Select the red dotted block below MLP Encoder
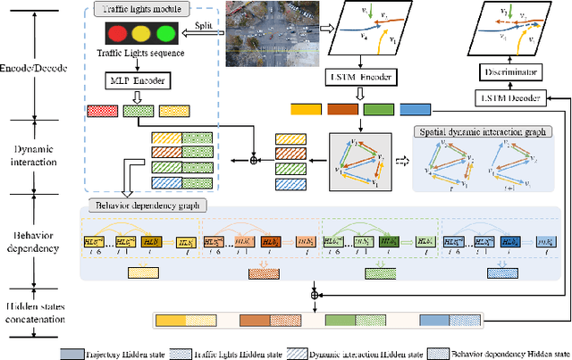[102, 112]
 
